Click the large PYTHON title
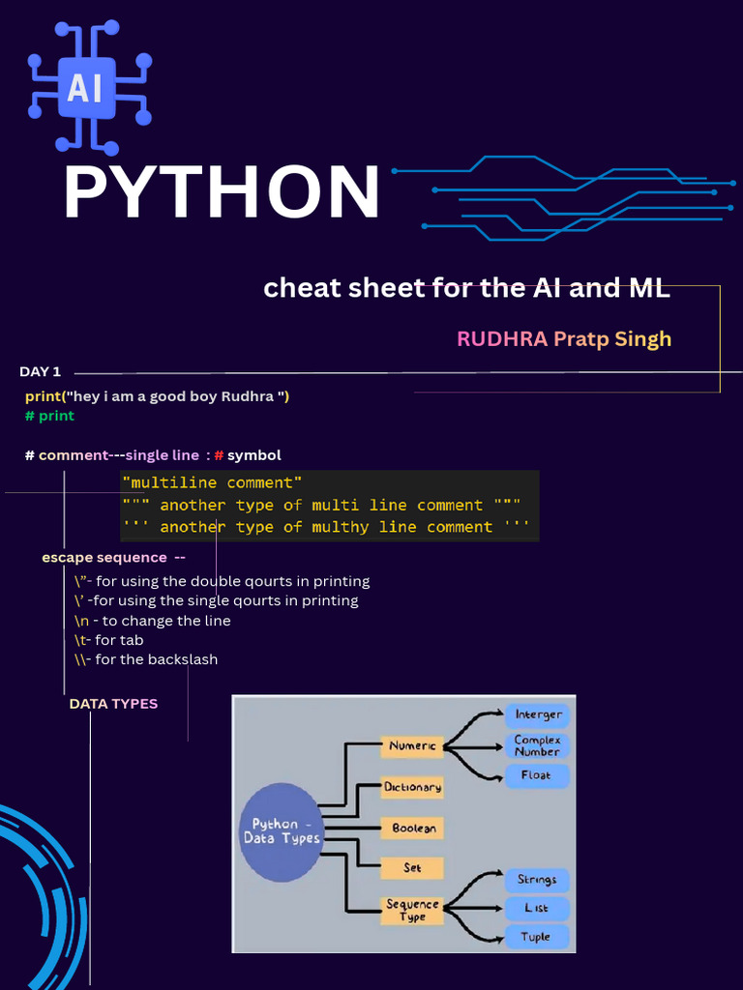point(222,192)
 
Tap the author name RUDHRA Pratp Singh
point(564,339)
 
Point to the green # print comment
point(50,416)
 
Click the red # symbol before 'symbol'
point(220,455)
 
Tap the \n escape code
point(81,621)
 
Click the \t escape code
point(80,640)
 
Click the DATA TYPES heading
point(114,704)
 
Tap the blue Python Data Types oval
point(282,831)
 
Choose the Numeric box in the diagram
point(412,746)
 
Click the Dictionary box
point(412,787)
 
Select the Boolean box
point(412,828)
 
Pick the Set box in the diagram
point(412,868)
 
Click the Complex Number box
point(537,745)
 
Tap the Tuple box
point(537,937)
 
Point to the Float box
point(537,775)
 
